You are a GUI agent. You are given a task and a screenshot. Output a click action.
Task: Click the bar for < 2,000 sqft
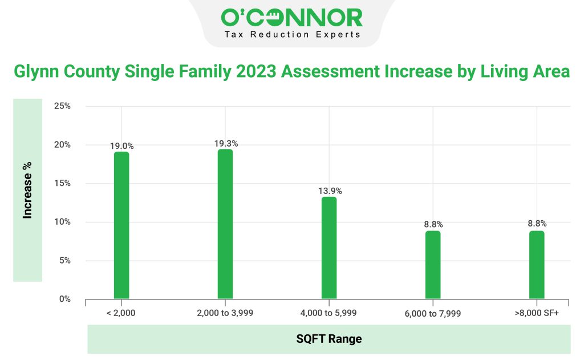(121, 225)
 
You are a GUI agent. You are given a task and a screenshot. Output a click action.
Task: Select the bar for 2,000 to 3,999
(225, 224)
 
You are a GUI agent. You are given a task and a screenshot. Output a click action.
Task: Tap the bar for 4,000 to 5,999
(329, 248)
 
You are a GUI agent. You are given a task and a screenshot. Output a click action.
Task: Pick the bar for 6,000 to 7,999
(433, 265)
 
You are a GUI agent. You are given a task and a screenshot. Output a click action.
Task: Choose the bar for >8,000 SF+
(537, 265)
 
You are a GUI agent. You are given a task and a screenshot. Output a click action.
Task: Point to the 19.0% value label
(121, 146)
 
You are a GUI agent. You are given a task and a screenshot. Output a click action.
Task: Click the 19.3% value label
(225, 144)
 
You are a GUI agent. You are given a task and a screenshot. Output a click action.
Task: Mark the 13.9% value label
(330, 191)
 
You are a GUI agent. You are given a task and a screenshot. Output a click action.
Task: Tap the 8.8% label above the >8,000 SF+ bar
(537, 224)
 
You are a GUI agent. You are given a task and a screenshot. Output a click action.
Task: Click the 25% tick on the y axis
(62, 106)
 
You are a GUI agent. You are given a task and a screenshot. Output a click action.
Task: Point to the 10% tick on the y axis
(62, 222)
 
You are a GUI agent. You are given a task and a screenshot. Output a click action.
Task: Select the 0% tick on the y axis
(64, 299)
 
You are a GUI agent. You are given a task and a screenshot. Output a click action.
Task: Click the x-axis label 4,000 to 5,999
(328, 313)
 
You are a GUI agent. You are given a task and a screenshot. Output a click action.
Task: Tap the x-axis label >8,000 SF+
(537, 313)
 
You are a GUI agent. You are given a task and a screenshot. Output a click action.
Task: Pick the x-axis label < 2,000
(121, 313)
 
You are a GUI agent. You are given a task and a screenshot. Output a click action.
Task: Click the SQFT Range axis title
(328, 339)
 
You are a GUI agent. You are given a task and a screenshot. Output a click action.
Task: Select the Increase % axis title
(27, 190)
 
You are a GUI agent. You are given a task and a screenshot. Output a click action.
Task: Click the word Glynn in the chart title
(37, 72)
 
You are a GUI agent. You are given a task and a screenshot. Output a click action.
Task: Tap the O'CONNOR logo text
(291, 18)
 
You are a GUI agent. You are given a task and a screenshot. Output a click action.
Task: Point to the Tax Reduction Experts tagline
(291, 35)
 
